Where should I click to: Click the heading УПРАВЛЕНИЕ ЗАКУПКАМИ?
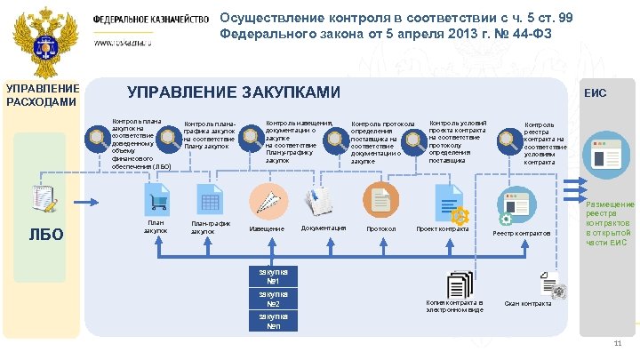pyautogui.click(x=234, y=92)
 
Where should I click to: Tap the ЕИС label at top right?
pyautogui.click(x=595, y=93)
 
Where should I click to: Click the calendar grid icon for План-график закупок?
pyautogui.click(x=211, y=201)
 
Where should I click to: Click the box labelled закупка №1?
pyautogui.click(x=274, y=276)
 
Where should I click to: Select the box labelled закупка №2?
pyautogui.click(x=274, y=300)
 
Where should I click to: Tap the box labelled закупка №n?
pyautogui.click(x=274, y=321)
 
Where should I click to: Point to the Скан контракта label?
pyautogui.click(x=527, y=304)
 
